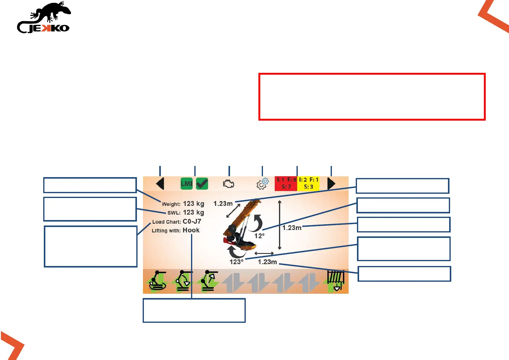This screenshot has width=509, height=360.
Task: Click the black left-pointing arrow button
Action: (160, 184)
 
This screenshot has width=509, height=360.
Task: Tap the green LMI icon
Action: (186, 184)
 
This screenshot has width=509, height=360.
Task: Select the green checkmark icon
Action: (202, 184)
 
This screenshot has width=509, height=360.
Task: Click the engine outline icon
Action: (229, 184)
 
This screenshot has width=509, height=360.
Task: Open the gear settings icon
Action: (262, 184)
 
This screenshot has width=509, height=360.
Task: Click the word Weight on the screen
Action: (171, 204)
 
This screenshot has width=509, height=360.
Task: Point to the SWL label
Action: (174, 213)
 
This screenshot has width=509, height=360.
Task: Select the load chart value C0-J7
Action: (192, 222)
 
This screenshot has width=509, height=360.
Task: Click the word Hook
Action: (191, 230)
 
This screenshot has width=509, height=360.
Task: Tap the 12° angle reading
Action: (259, 236)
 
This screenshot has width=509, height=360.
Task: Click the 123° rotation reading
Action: (236, 262)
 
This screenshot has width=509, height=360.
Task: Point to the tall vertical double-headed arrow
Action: (280, 225)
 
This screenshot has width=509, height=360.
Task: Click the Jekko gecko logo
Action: (44, 18)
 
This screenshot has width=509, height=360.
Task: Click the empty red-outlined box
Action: (372, 97)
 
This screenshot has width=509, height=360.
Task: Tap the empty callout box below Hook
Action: (194, 310)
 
